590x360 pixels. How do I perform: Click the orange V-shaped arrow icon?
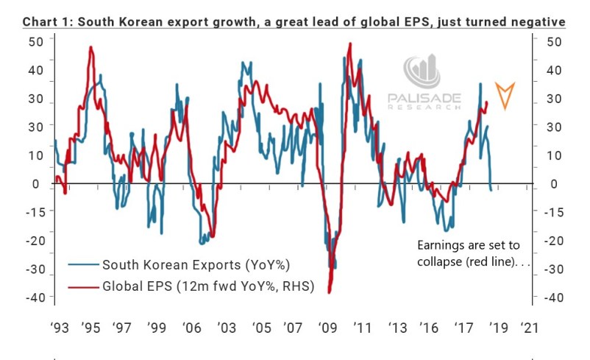(505, 96)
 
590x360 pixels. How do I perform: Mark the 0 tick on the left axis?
(35, 184)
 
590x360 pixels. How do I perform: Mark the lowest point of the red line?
(329, 293)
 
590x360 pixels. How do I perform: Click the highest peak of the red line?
(349, 43)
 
